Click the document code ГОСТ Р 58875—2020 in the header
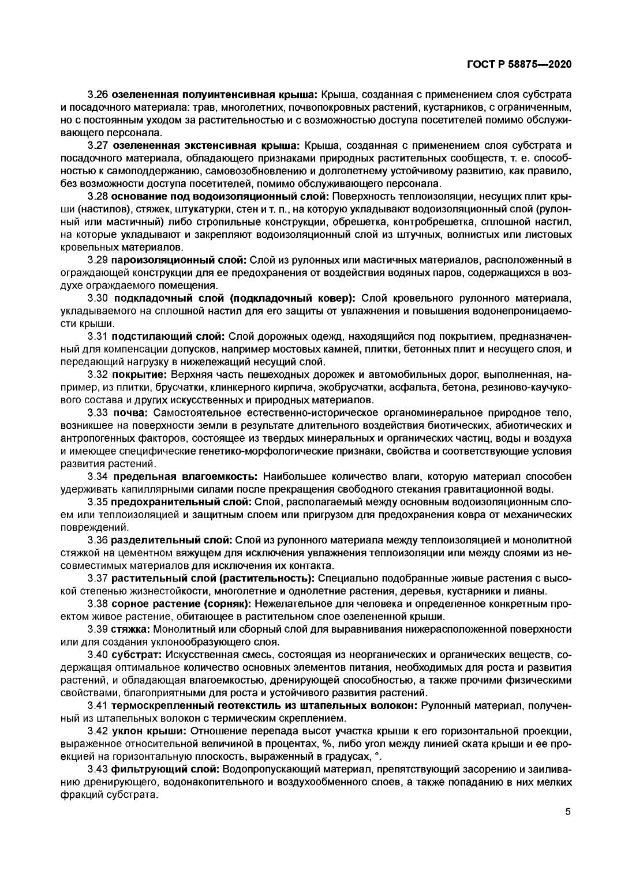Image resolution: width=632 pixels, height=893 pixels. pyautogui.click(x=518, y=64)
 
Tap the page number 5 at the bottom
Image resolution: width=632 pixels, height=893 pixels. pyautogui.click(x=567, y=812)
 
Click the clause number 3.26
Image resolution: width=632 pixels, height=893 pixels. pyautogui.click(x=98, y=93)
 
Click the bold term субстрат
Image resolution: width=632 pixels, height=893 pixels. pyautogui.click(x=137, y=655)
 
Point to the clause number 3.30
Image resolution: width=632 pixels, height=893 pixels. pyautogui.click(x=98, y=298)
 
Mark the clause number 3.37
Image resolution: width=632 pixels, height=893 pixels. pyautogui.click(x=98, y=578)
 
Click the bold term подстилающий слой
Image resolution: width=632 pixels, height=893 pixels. pyautogui.click(x=168, y=336)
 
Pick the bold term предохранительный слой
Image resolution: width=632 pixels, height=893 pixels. pyautogui.click(x=181, y=502)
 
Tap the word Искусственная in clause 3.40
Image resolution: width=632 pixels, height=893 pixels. pyautogui.click(x=203, y=655)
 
